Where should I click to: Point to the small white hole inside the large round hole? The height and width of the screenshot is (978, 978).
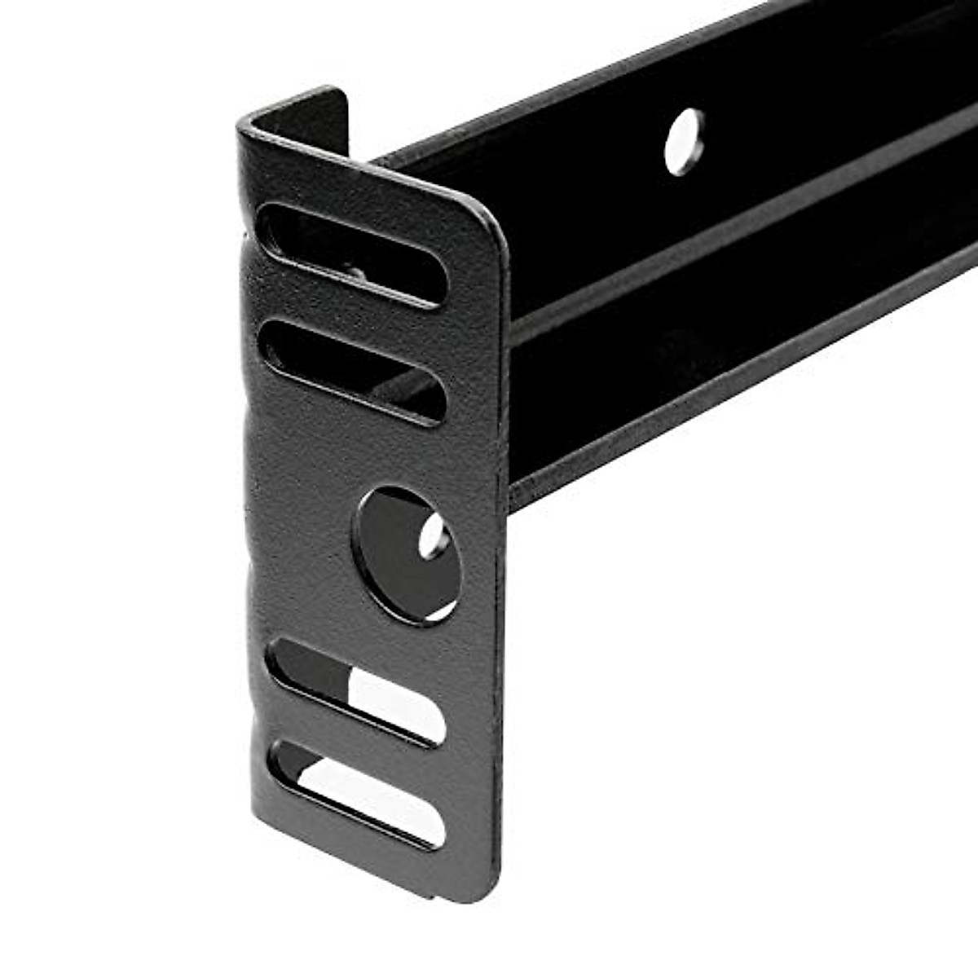pos(432,537)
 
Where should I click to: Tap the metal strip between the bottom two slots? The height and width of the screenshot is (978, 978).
pos(359,742)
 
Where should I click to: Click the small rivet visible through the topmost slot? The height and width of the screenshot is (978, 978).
pos(356,273)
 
